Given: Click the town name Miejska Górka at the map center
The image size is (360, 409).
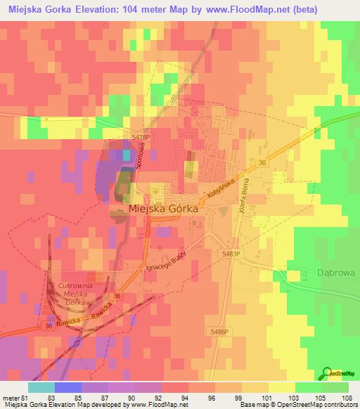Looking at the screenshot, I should point(162,209).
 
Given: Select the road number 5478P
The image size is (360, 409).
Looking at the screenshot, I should point(141,138).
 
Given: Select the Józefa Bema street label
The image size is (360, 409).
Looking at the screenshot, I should point(244,197).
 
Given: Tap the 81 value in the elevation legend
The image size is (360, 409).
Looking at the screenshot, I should point(26,397).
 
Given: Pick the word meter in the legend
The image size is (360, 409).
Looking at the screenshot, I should point(10,397).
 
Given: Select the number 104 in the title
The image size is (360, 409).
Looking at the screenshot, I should point(140,10).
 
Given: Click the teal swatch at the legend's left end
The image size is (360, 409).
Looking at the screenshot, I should point(41,387).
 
